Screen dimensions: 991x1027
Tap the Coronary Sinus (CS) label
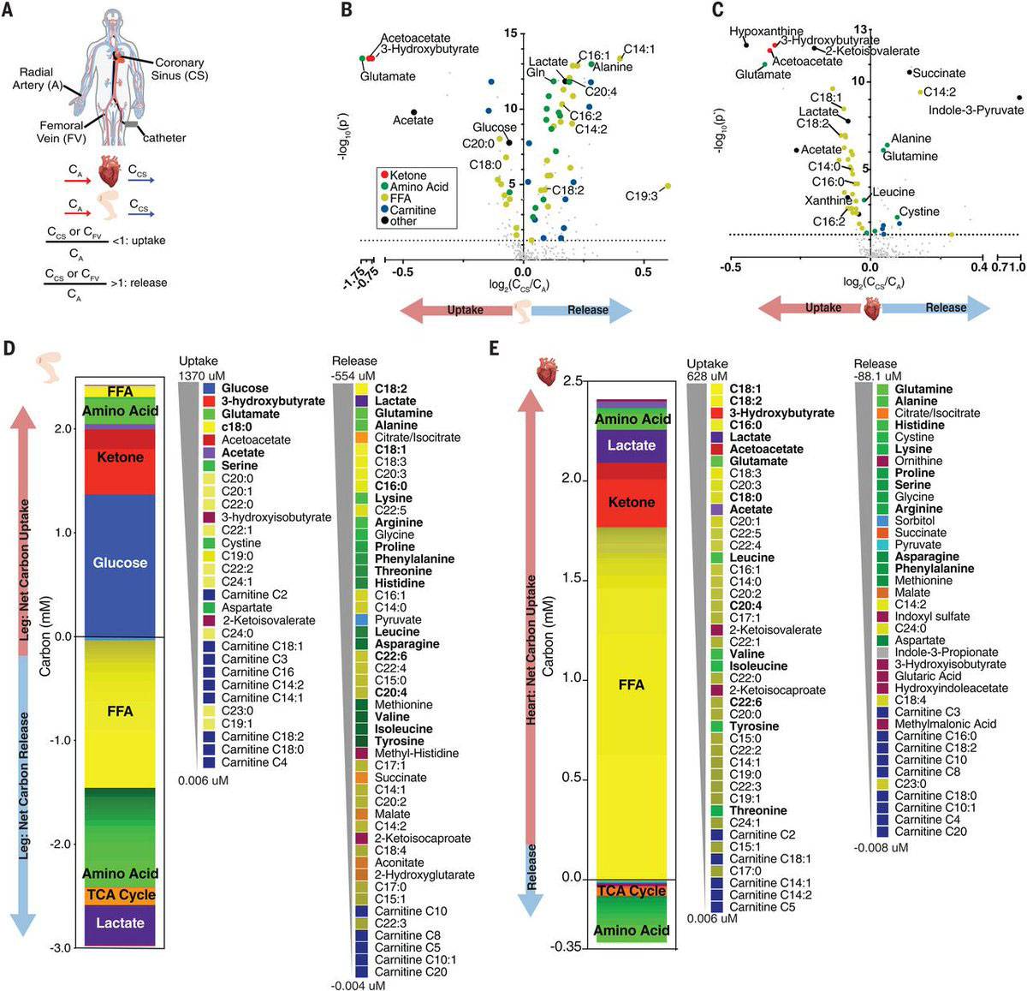pyautogui.click(x=180, y=69)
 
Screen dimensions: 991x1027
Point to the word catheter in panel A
pyautogui.click(x=163, y=138)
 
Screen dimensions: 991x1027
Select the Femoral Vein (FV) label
pyautogui.click(x=62, y=131)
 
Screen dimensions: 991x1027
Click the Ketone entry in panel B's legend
pyautogui.click(x=407, y=176)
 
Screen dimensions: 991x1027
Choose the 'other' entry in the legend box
pyautogui.click(x=403, y=221)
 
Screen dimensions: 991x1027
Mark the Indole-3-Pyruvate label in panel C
pyautogui.click(x=976, y=110)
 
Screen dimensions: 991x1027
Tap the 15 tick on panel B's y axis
pyautogui.click(x=511, y=33)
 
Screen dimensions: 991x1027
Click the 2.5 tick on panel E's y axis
pyautogui.click(x=573, y=380)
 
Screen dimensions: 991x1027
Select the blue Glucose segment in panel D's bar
pyautogui.click(x=120, y=563)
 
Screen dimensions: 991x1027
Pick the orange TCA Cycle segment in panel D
pyautogui.click(x=120, y=895)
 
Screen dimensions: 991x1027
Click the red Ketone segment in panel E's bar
pyautogui.click(x=632, y=503)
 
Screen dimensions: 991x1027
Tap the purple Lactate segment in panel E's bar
pyautogui.click(x=632, y=445)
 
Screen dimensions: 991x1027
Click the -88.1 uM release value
pyautogui.click(x=878, y=375)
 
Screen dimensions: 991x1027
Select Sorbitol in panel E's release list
pyautogui.click(x=914, y=521)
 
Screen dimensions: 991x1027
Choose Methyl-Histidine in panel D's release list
pyautogui.click(x=416, y=753)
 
